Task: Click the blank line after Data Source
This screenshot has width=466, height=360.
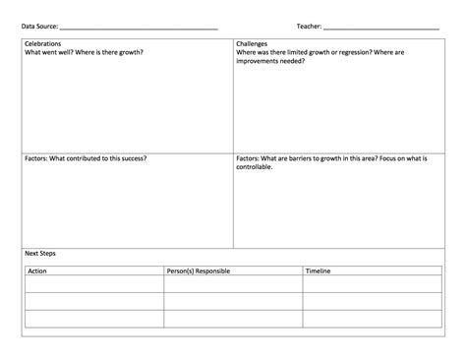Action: click(x=139, y=27)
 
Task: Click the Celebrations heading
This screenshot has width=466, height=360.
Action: click(x=43, y=45)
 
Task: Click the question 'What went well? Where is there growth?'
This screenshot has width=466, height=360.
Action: click(x=77, y=53)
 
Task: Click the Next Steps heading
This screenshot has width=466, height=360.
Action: click(x=40, y=254)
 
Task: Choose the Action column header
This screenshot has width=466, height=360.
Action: click(x=37, y=270)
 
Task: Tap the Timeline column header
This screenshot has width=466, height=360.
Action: click(x=319, y=270)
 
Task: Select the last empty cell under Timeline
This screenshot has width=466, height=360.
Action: click(x=371, y=318)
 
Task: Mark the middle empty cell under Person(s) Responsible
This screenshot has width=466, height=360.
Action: click(x=232, y=301)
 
